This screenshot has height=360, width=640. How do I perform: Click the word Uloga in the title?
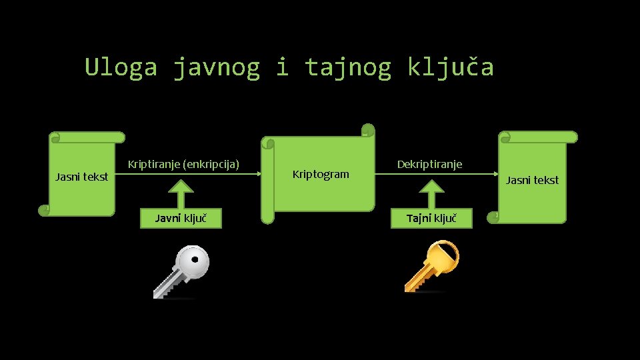121,67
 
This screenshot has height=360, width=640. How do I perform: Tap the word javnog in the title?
216,67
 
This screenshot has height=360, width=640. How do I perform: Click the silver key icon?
181,271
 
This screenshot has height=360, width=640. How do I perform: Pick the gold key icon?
432,266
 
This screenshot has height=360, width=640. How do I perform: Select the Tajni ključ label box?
431,218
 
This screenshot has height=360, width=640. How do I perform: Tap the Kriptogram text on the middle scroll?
321,175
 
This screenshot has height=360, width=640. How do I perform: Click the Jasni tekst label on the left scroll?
81,177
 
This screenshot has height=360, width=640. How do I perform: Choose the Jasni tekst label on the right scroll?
532,180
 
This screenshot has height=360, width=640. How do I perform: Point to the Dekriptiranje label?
429,164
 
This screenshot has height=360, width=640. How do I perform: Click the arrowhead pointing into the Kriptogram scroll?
257,174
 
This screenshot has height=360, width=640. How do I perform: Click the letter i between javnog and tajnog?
282,67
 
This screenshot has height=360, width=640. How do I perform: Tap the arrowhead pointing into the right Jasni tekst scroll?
496,174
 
